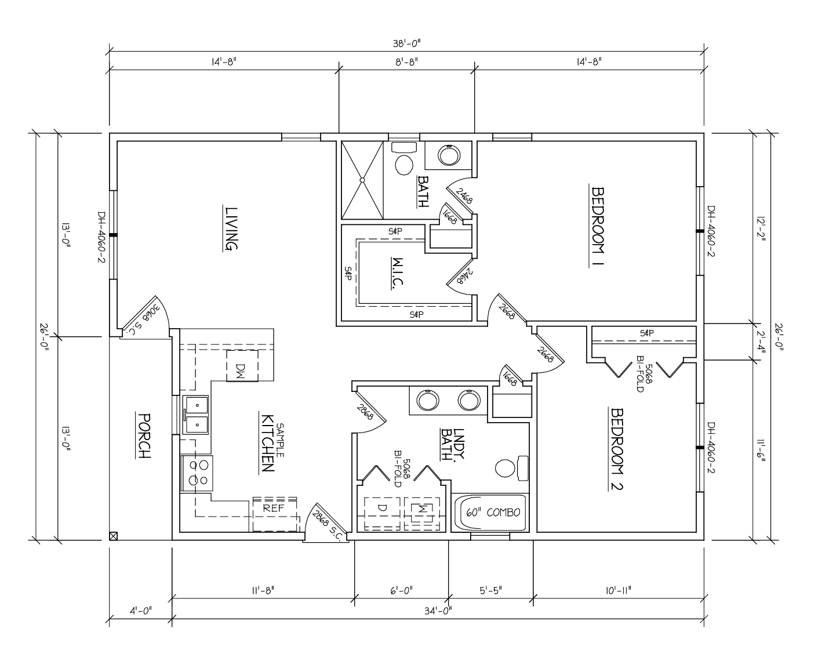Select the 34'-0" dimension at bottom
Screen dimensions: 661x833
coord(438,610)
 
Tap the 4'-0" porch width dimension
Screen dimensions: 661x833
coord(140,610)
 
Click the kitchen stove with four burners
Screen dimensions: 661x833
coord(197,473)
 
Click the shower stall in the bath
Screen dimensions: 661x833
coord(362,180)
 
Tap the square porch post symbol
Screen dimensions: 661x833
coord(114,536)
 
